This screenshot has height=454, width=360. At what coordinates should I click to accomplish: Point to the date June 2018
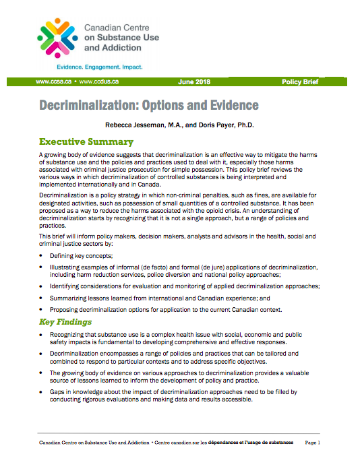click(x=194, y=82)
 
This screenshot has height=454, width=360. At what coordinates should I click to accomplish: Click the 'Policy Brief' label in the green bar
click(x=301, y=82)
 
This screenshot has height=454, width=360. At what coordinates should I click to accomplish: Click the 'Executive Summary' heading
click(x=86, y=142)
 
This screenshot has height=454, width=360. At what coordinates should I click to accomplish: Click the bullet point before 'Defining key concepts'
click(x=42, y=257)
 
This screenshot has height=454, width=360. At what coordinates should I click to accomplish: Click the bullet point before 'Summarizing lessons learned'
click(x=42, y=298)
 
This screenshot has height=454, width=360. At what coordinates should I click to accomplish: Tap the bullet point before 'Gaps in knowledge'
click(x=42, y=391)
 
